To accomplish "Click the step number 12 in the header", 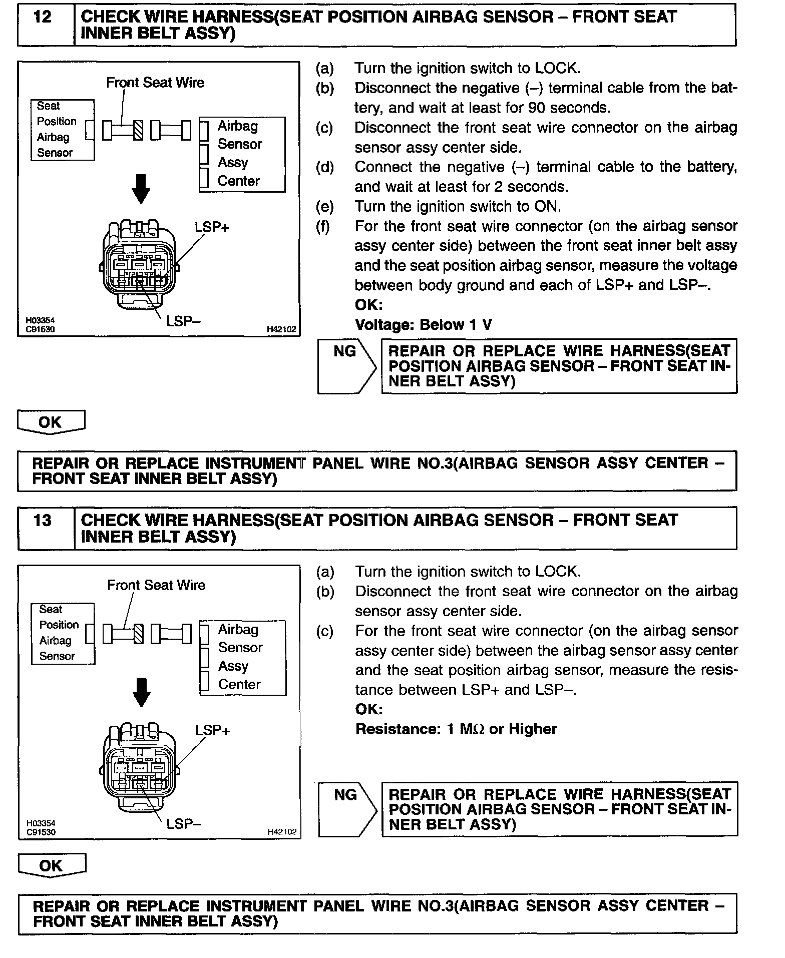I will (43, 18).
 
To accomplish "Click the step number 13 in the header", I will (43, 521).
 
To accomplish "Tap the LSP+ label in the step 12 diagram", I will (211, 227).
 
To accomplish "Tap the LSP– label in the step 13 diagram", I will (184, 824).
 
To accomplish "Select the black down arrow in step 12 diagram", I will (142, 189).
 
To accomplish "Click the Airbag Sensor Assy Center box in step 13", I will (242, 657).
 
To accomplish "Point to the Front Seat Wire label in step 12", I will (155, 83).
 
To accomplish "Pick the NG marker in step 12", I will (345, 352).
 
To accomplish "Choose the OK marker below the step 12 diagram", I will (51, 422).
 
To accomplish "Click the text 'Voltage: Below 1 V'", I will (424, 325).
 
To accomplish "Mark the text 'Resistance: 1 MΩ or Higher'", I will (456, 729).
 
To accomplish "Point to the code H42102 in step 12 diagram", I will (281, 330).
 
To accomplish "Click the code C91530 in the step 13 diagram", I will (41, 832).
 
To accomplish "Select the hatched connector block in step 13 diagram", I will (139, 634).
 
